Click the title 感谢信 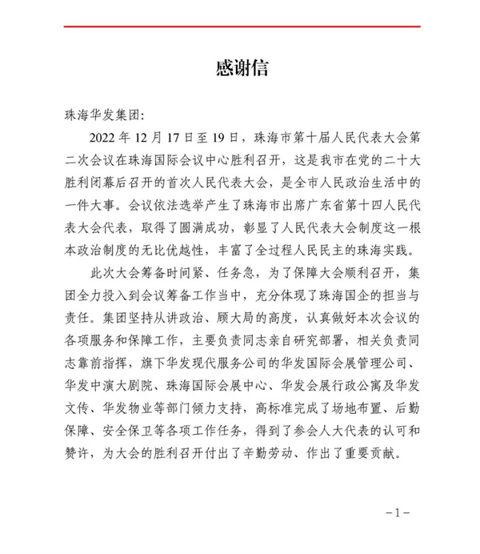point(240,66)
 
